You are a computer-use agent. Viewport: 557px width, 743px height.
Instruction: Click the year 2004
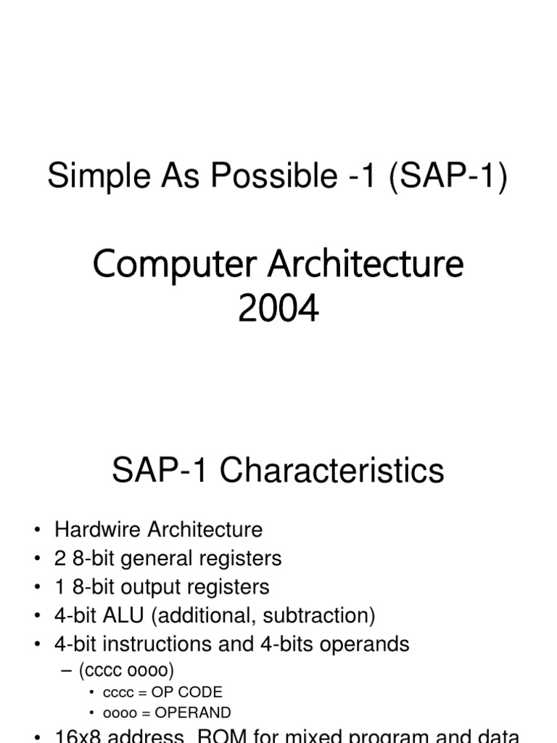point(278,308)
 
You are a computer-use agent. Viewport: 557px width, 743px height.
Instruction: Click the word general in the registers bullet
point(153,559)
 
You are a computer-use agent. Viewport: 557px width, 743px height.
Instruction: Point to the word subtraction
point(318,616)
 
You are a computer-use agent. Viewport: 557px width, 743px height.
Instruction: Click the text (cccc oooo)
point(127,670)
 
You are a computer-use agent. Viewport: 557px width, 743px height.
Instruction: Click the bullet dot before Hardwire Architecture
point(37,530)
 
